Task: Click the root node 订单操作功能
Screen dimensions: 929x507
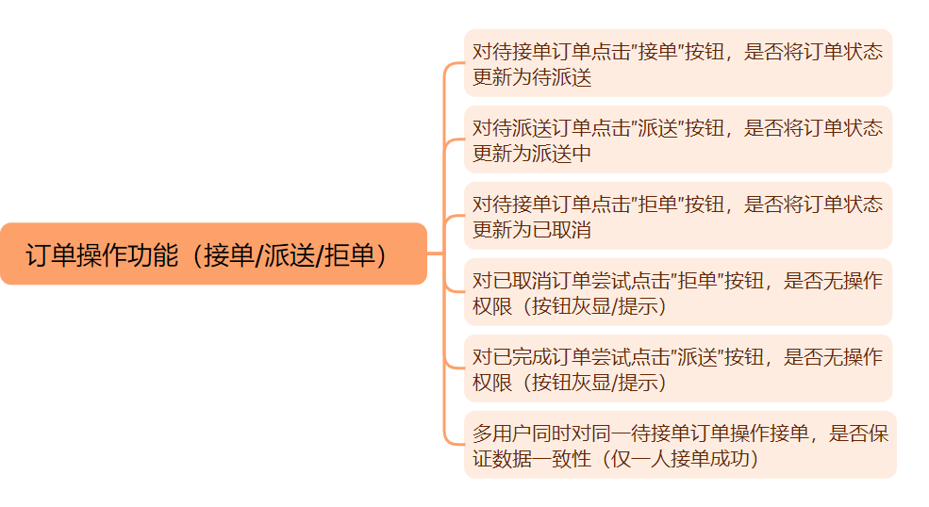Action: (x=213, y=253)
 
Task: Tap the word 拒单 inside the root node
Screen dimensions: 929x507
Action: (x=349, y=254)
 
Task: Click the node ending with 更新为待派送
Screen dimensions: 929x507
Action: (x=677, y=63)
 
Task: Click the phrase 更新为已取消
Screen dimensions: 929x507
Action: (x=532, y=229)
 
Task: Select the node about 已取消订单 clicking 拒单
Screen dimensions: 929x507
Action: (x=677, y=292)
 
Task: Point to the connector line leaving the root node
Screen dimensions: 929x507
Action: (x=436, y=253)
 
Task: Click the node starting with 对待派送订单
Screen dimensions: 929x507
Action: (x=677, y=139)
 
